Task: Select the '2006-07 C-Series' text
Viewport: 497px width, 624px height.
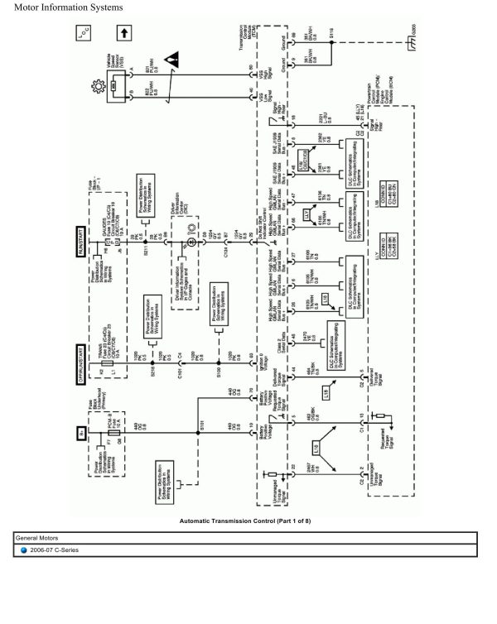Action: tap(55, 550)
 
